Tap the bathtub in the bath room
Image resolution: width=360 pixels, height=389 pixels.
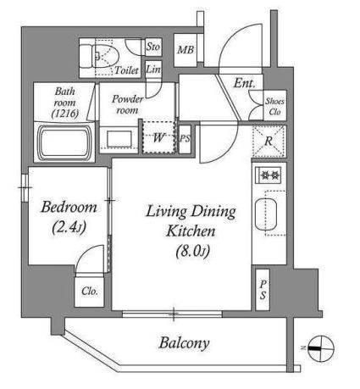[x=64, y=143]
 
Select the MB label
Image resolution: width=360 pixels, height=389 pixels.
[x=186, y=50]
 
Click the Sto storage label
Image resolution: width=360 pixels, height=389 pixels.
[x=153, y=47]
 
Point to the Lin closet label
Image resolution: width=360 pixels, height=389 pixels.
[x=153, y=69]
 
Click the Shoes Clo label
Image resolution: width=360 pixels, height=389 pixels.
[x=274, y=106]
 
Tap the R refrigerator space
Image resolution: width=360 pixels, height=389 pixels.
[x=269, y=141]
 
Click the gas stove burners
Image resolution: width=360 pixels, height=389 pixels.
[x=269, y=175]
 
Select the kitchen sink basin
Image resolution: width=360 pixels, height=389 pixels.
[x=266, y=214]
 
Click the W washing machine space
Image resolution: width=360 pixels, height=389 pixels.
[x=159, y=137]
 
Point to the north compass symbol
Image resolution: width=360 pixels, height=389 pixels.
[x=320, y=348]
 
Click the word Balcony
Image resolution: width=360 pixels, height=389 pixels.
[x=184, y=343]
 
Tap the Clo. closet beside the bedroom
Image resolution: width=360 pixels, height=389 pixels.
[x=90, y=291]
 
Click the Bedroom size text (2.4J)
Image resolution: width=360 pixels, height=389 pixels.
[x=69, y=227]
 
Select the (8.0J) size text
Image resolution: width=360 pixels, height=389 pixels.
[x=193, y=251]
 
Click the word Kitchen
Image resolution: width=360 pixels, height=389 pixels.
[x=191, y=231]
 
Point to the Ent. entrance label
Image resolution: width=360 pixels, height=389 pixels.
[x=244, y=83]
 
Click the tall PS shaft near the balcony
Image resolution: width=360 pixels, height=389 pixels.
[x=263, y=290]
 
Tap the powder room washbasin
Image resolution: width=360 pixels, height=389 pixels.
[x=119, y=139]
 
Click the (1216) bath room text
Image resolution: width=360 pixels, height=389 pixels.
[x=65, y=114]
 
